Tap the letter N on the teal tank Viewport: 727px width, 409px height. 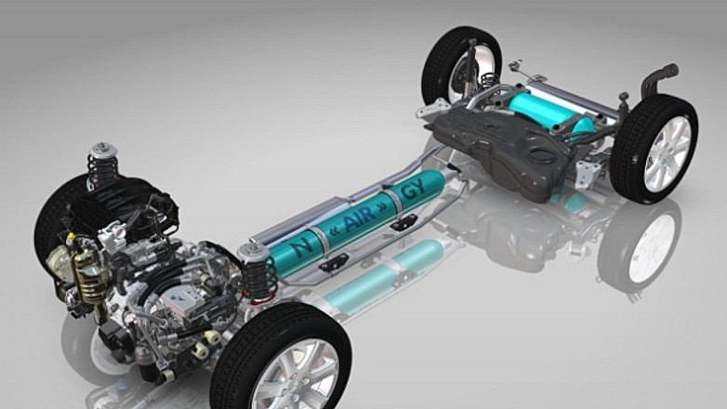click(304, 245)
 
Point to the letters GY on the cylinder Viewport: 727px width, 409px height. click(413, 190)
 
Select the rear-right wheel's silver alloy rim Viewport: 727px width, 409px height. click(668, 154)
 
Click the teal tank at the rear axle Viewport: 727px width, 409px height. click(547, 112)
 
